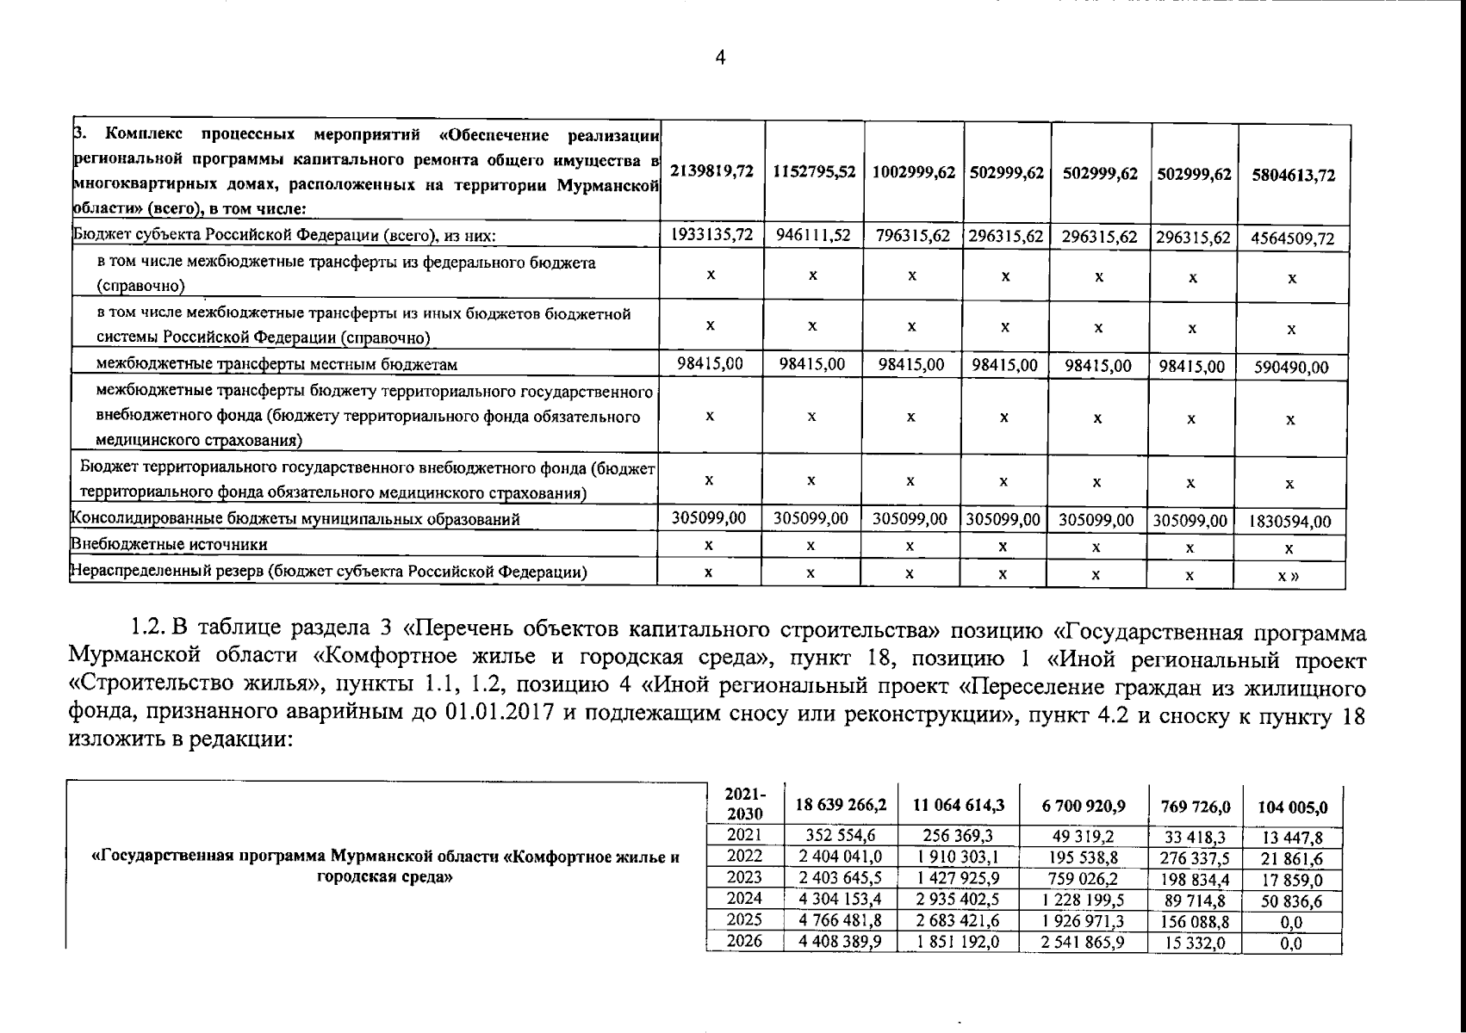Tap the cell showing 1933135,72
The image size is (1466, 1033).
(x=711, y=235)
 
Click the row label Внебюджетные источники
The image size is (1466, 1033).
(x=169, y=545)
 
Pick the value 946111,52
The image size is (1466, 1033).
(x=813, y=235)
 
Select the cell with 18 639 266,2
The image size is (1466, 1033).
(x=840, y=806)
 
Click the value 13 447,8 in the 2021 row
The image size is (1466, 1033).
(x=1292, y=838)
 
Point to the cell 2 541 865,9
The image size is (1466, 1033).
(x=1083, y=943)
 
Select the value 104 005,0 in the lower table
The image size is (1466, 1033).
(x=1292, y=807)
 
